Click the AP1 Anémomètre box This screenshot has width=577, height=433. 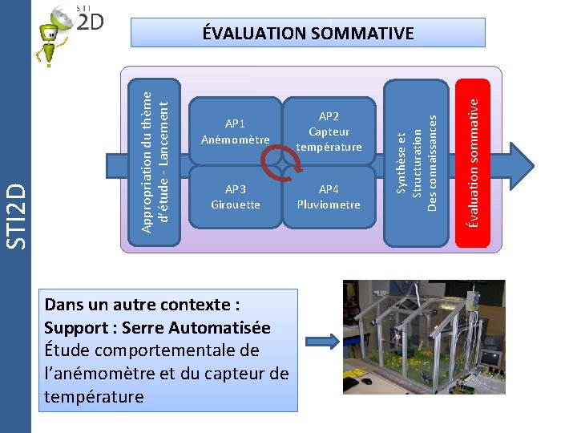click(x=235, y=132)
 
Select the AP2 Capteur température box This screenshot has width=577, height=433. click(x=329, y=132)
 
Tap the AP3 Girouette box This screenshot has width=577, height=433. click(x=235, y=197)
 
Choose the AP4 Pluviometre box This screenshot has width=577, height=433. click(x=329, y=197)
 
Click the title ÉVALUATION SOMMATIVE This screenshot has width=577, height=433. click(x=308, y=33)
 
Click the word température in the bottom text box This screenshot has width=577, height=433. click(x=94, y=396)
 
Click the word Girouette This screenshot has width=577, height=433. click(x=235, y=204)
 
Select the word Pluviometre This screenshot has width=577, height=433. click(x=329, y=204)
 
